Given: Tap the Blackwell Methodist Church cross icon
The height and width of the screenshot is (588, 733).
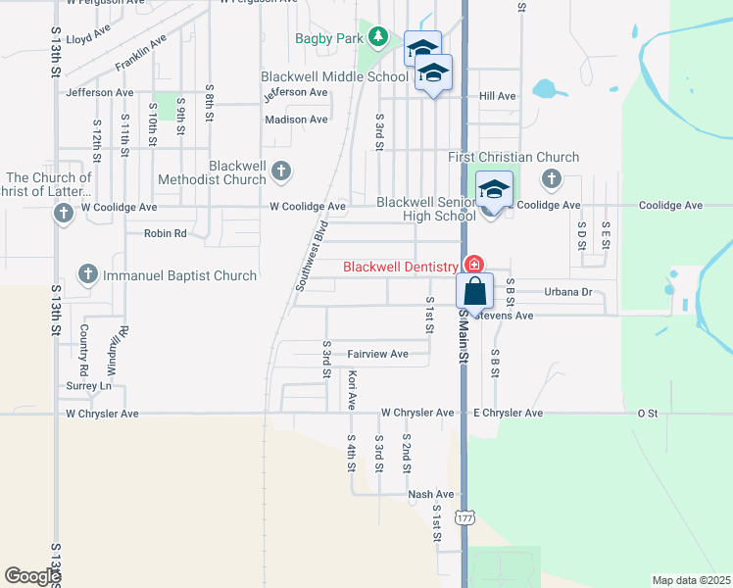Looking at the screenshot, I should [x=280, y=171].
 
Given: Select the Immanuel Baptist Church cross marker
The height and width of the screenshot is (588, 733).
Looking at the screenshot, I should [x=87, y=275].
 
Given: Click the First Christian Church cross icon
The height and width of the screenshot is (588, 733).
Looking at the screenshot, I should [x=551, y=178].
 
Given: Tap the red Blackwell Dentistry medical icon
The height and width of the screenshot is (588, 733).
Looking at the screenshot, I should [x=473, y=265].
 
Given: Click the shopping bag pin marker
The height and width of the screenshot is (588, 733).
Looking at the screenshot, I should [x=475, y=291].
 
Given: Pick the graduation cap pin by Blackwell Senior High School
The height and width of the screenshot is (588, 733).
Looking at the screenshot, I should [x=495, y=190].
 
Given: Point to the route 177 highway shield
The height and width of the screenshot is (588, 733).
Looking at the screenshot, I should [x=464, y=517].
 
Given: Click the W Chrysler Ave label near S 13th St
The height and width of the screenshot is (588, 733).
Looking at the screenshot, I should [x=102, y=415].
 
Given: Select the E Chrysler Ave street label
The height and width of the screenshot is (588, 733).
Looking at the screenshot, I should [x=508, y=414].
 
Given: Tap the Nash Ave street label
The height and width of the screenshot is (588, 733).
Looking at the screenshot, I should [x=431, y=495].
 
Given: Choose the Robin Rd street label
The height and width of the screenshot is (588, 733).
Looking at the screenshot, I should [x=165, y=234].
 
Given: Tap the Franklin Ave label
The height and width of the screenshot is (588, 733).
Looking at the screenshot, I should [x=140, y=52].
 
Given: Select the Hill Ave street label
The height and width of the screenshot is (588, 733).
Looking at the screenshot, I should [x=497, y=96].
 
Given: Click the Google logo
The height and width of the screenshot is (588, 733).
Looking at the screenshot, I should [x=32, y=576].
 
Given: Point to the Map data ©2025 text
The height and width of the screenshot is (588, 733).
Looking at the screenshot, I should [x=691, y=580].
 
